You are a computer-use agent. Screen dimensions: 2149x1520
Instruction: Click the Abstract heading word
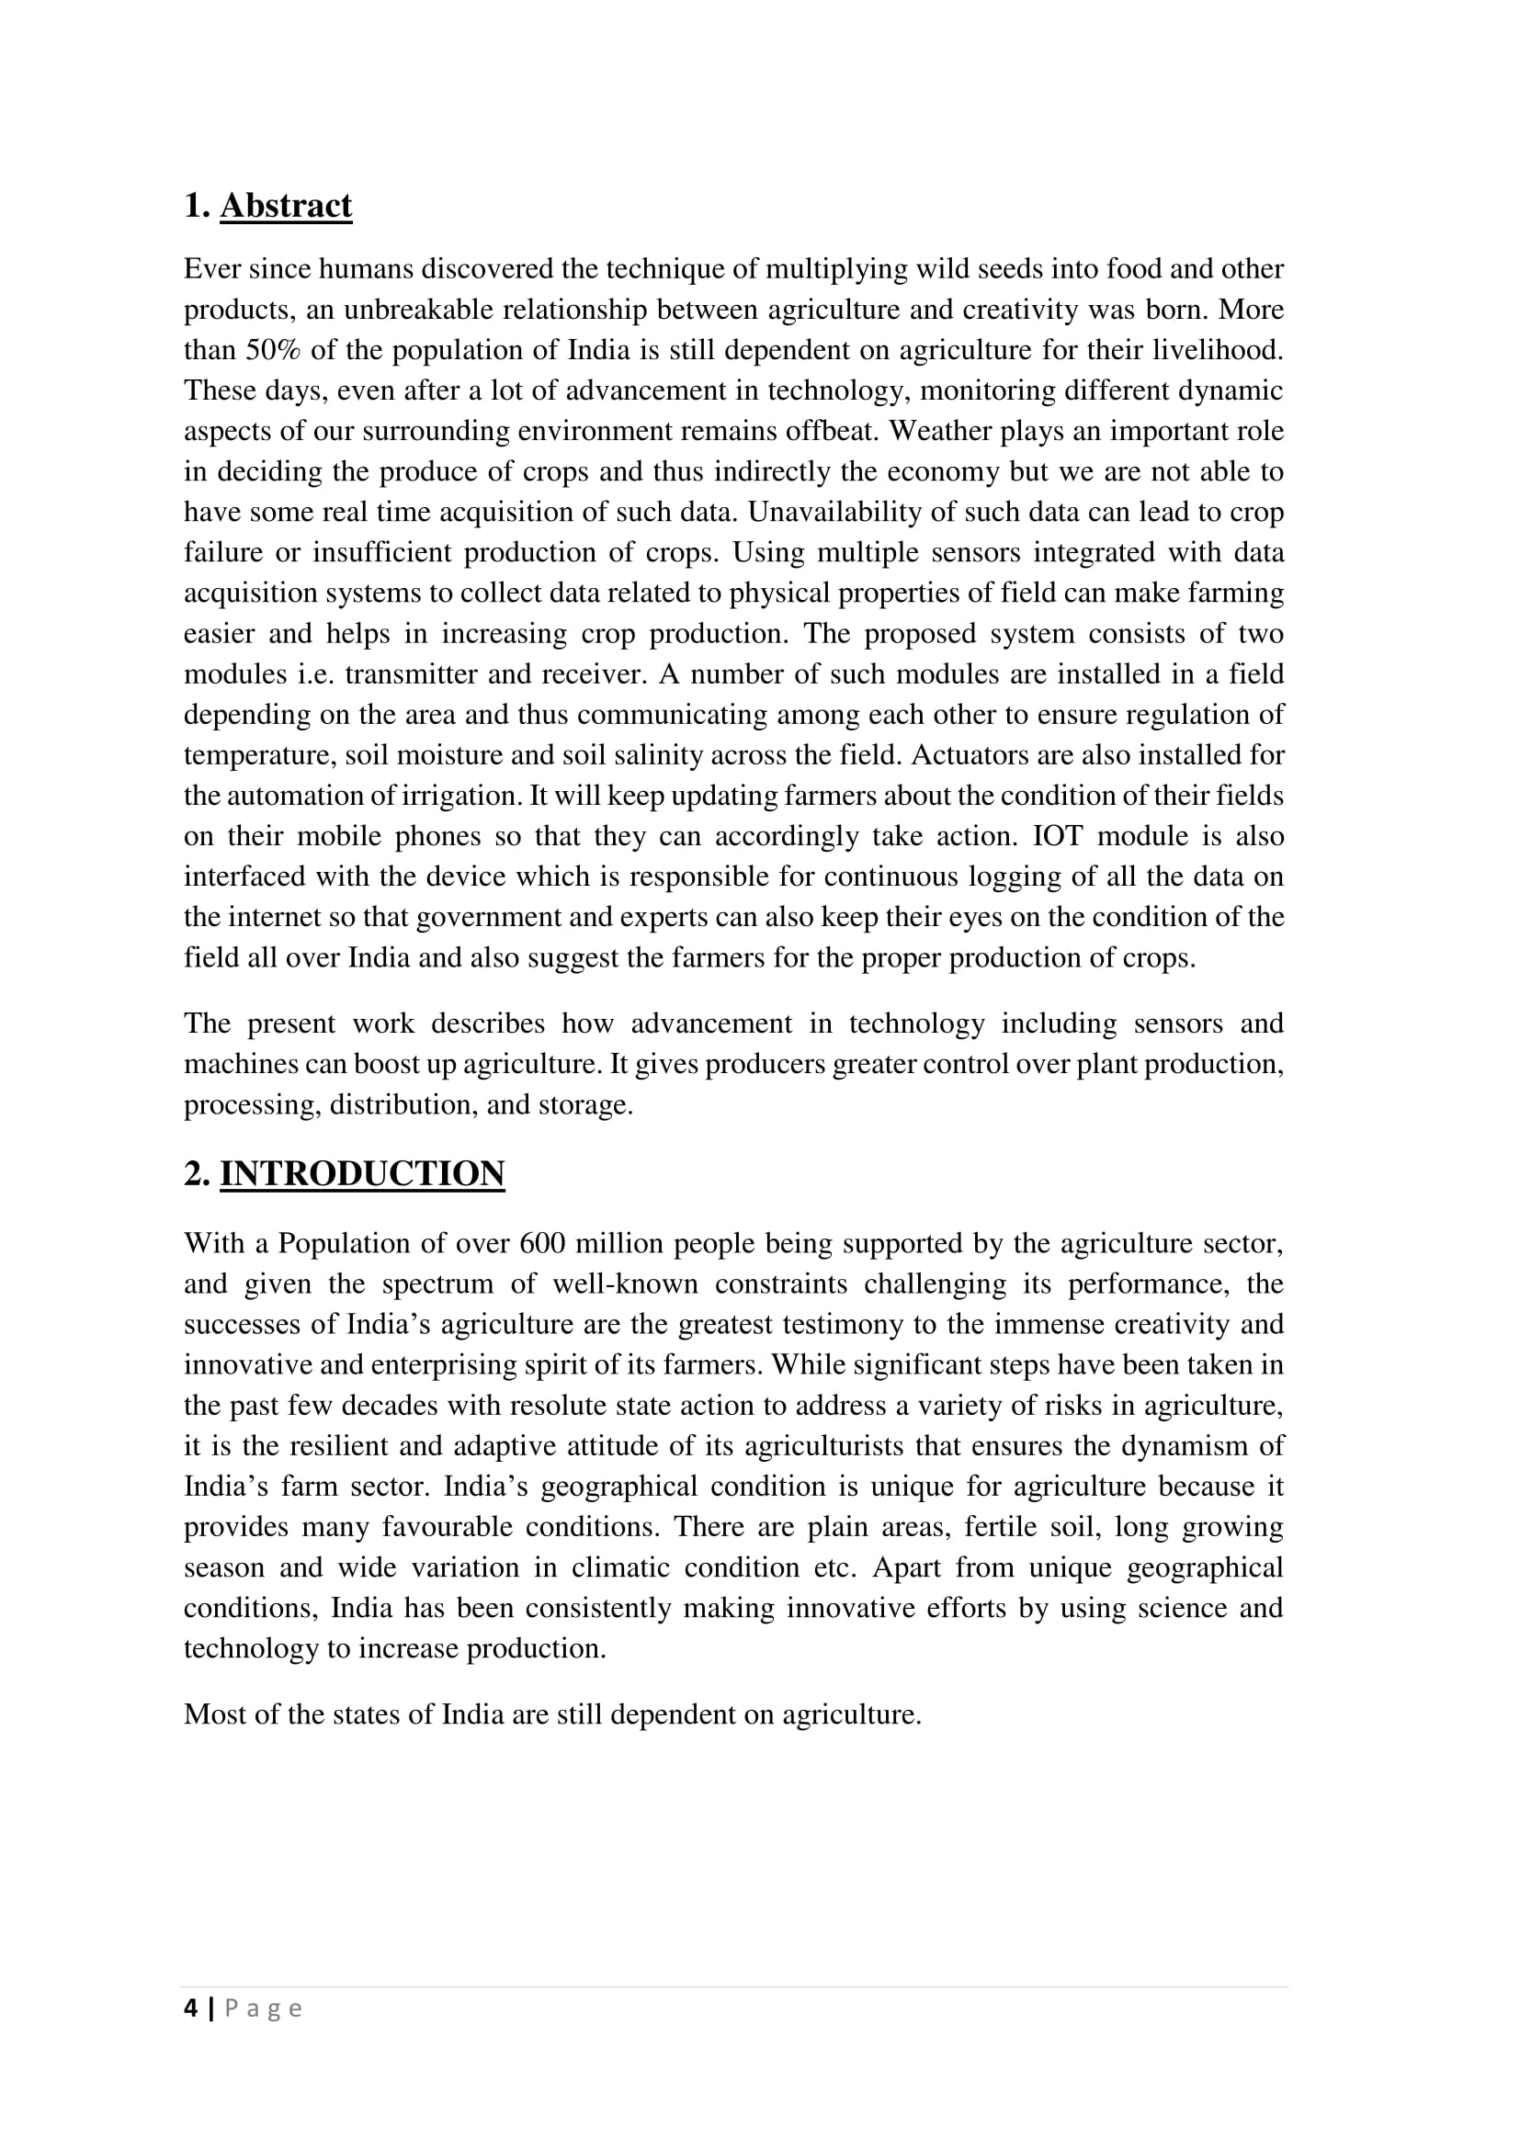(286, 206)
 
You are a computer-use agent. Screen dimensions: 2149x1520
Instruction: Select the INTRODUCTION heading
(362, 1173)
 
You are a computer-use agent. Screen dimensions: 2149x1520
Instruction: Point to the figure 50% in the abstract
(272, 350)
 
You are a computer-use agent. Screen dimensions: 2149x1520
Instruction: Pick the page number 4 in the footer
(191, 2008)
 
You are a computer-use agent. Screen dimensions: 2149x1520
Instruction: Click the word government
(489, 916)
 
